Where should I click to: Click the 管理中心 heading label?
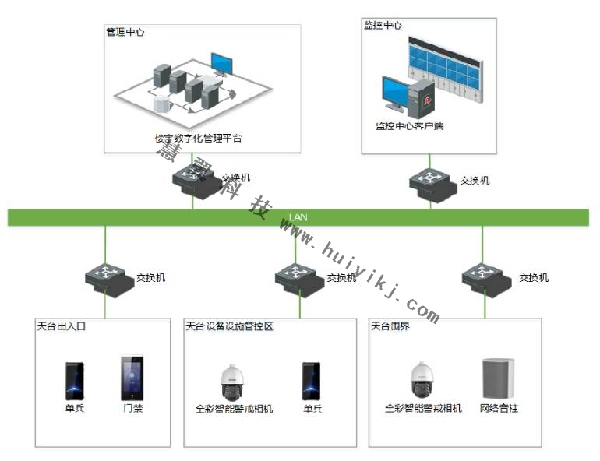(125, 33)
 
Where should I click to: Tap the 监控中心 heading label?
(383, 25)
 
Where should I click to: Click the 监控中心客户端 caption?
(409, 126)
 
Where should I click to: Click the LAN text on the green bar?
(298, 217)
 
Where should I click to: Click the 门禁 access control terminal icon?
(132, 378)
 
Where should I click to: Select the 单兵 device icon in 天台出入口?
(75, 381)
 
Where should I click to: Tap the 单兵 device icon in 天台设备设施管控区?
(312, 381)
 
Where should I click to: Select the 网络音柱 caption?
(499, 408)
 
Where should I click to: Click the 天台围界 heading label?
(390, 326)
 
